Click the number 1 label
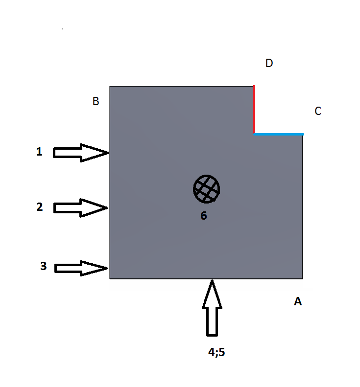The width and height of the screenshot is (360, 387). click(39, 152)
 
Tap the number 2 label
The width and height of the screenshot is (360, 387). click(40, 207)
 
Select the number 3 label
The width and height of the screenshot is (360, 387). click(44, 266)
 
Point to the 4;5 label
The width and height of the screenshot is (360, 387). click(216, 352)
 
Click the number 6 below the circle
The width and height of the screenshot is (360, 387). click(204, 215)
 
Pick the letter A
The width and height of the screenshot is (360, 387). click(298, 301)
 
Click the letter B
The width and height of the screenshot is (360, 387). click(96, 101)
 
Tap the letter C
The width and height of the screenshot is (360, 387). click(318, 111)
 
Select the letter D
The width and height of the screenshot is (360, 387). click(269, 63)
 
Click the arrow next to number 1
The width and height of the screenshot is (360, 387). click(81, 153)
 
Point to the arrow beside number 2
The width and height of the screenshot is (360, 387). click(80, 208)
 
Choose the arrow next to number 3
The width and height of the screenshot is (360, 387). click(81, 268)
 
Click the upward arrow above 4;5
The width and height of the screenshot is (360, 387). click(212, 308)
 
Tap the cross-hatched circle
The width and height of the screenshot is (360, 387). click(207, 189)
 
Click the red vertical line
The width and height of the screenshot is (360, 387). click(254, 110)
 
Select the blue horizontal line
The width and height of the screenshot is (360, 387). click(279, 134)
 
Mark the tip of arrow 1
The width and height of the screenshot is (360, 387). click(109, 153)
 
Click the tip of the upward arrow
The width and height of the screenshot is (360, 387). click(212, 280)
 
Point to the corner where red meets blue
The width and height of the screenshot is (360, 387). click(254, 134)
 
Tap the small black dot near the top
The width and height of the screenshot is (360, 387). click(62, 29)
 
